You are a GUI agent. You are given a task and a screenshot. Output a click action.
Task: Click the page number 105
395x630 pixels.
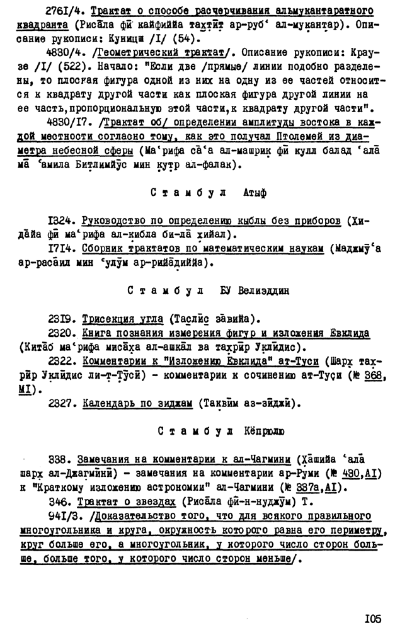[x=372, y=619]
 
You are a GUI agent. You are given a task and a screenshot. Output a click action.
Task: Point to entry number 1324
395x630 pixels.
[x=61, y=221]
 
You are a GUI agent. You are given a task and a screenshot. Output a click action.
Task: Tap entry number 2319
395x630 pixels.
[x=61, y=319]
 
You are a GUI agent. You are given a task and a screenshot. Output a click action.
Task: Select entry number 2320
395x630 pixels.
[x=62, y=333]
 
